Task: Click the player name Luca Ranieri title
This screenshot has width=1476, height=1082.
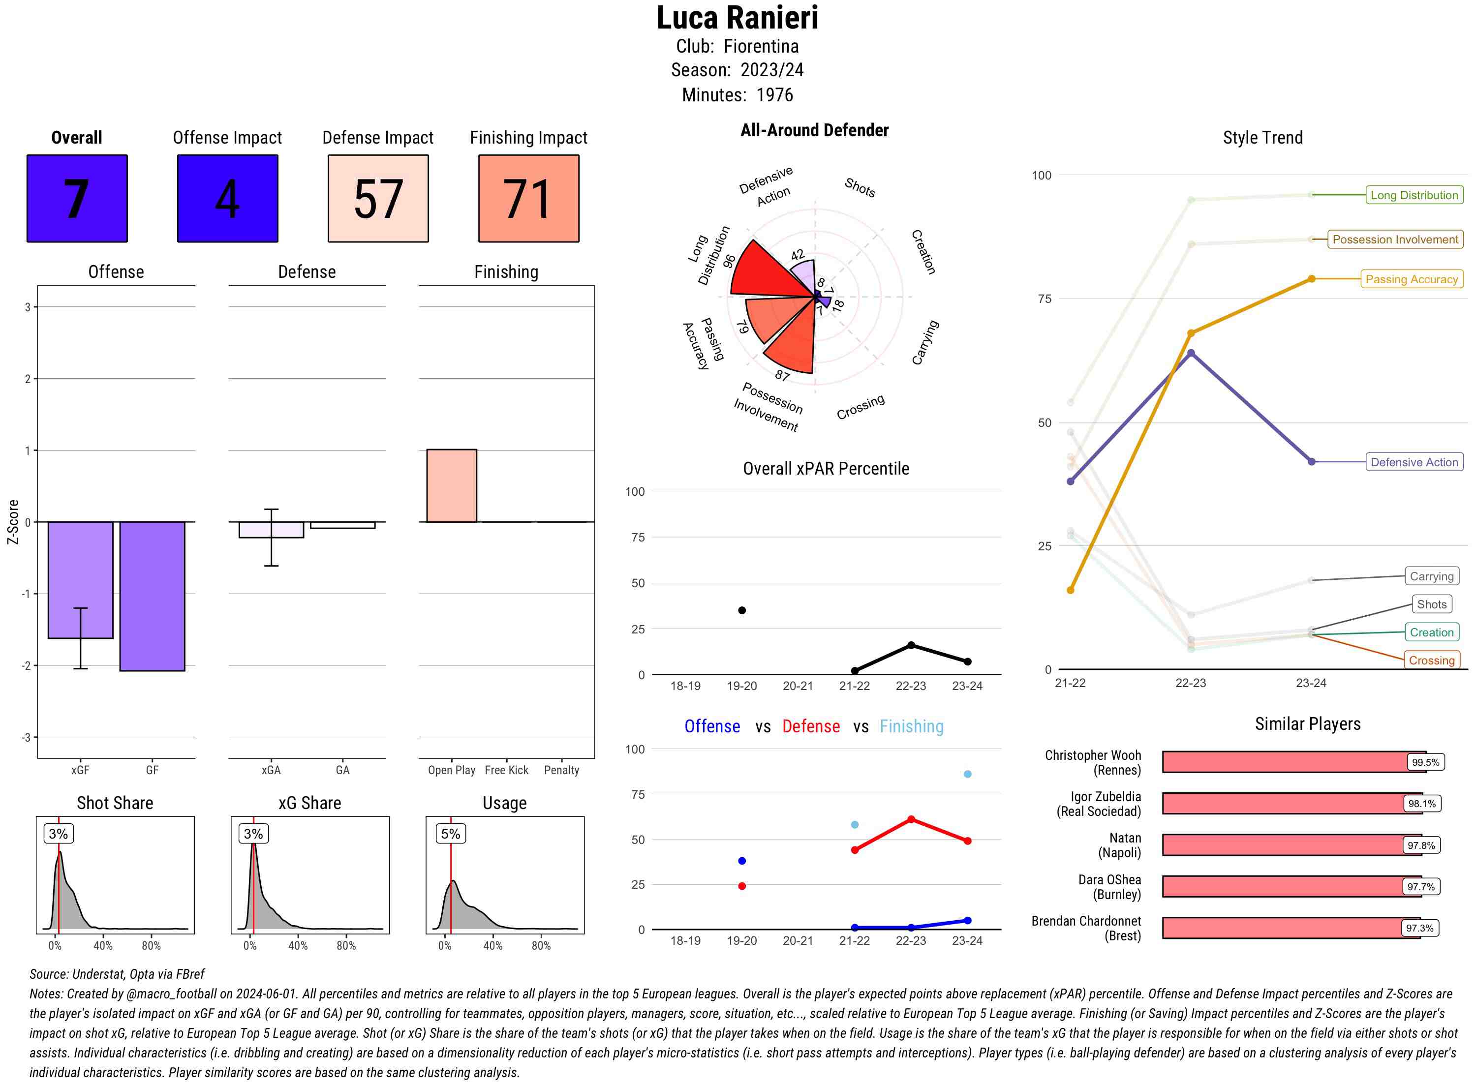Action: tap(737, 18)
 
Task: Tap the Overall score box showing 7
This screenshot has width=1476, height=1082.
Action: tap(77, 199)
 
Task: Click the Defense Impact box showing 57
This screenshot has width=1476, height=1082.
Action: tap(378, 199)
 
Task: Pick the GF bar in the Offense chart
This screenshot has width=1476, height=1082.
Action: tap(152, 596)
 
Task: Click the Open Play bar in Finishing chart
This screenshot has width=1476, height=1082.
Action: tap(451, 486)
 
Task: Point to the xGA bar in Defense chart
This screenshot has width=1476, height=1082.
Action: tap(271, 530)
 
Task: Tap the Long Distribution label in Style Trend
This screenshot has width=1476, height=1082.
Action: tap(1414, 195)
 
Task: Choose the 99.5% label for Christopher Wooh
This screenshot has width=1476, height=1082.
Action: tap(1425, 762)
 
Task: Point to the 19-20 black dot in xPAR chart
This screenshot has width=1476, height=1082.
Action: tap(741, 610)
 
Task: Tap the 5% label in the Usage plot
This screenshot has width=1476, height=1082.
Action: tap(450, 834)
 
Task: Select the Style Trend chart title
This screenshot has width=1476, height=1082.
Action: tap(1262, 138)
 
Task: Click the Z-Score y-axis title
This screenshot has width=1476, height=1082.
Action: tap(12, 521)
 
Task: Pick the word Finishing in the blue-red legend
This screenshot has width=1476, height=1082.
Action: tap(911, 726)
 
